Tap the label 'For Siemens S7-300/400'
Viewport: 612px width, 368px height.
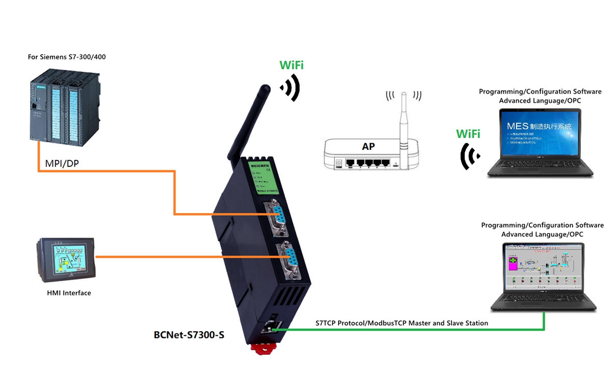click(67, 57)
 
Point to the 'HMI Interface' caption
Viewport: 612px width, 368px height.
click(69, 293)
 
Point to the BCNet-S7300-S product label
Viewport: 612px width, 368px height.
click(189, 335)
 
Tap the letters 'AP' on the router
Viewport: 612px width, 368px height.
click(368, 147)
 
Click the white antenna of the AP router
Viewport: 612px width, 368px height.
click(404, 127)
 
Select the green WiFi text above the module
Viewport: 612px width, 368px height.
click(292, 65)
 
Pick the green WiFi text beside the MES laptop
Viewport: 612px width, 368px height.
click(468, 134)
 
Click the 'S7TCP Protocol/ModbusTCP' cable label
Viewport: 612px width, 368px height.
click(402, 323)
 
